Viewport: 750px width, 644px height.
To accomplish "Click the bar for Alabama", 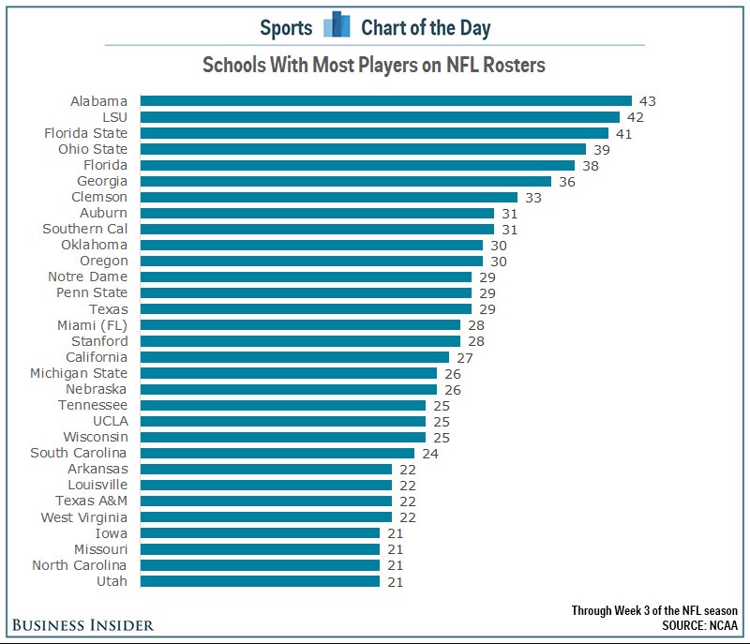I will click(385, 101).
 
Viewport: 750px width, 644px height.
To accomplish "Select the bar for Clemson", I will click(328, 197).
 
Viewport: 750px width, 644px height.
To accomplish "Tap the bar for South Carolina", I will click(277, 453).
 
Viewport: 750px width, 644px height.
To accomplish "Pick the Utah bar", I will click(260, 581).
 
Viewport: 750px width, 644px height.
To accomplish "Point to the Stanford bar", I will click(300, 341).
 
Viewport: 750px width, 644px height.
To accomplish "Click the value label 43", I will click(647, 101).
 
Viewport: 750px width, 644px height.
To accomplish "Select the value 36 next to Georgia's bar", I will click(566, 181).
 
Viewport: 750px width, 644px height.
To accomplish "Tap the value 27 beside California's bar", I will click(464, 357).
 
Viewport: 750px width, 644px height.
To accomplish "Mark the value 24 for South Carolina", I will click(429, 453).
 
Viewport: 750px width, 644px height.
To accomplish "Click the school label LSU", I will click(114, 117).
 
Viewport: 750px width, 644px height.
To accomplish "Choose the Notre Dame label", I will click(87, 277).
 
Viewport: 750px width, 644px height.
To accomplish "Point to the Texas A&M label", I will click(91, 501).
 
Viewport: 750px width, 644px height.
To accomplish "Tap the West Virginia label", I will click(84, 517).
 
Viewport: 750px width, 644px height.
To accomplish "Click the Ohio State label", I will click(93, 149).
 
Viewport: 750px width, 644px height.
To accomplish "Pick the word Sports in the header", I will click(286, 27).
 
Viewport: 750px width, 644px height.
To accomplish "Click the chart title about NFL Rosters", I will click(374, 66).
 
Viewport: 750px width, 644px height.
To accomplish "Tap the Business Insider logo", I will click(82, 625).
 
